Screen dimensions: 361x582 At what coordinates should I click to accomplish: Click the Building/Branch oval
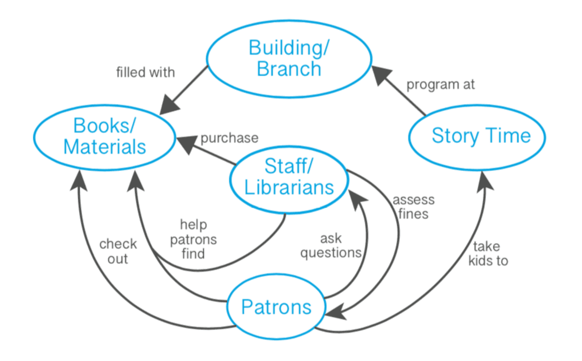point(289,59)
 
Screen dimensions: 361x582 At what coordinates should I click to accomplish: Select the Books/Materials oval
point(104,136)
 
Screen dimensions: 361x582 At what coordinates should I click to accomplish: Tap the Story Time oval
point(477,136)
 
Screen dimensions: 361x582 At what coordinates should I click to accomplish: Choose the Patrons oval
point(276,307)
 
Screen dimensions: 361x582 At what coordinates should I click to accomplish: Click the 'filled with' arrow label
point(146,72)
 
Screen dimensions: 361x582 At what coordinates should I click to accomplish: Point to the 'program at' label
point(441,85)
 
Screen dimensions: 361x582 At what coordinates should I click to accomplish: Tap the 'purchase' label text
point(229,138)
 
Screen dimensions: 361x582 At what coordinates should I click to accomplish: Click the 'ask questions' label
point(331,246)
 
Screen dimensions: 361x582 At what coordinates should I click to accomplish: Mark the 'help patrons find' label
point(193,239)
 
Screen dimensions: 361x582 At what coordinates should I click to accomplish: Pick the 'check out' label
point(118,251)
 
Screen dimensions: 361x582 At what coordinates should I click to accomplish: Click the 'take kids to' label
point(488,253)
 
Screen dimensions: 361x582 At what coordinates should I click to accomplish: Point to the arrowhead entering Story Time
point(483,180)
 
